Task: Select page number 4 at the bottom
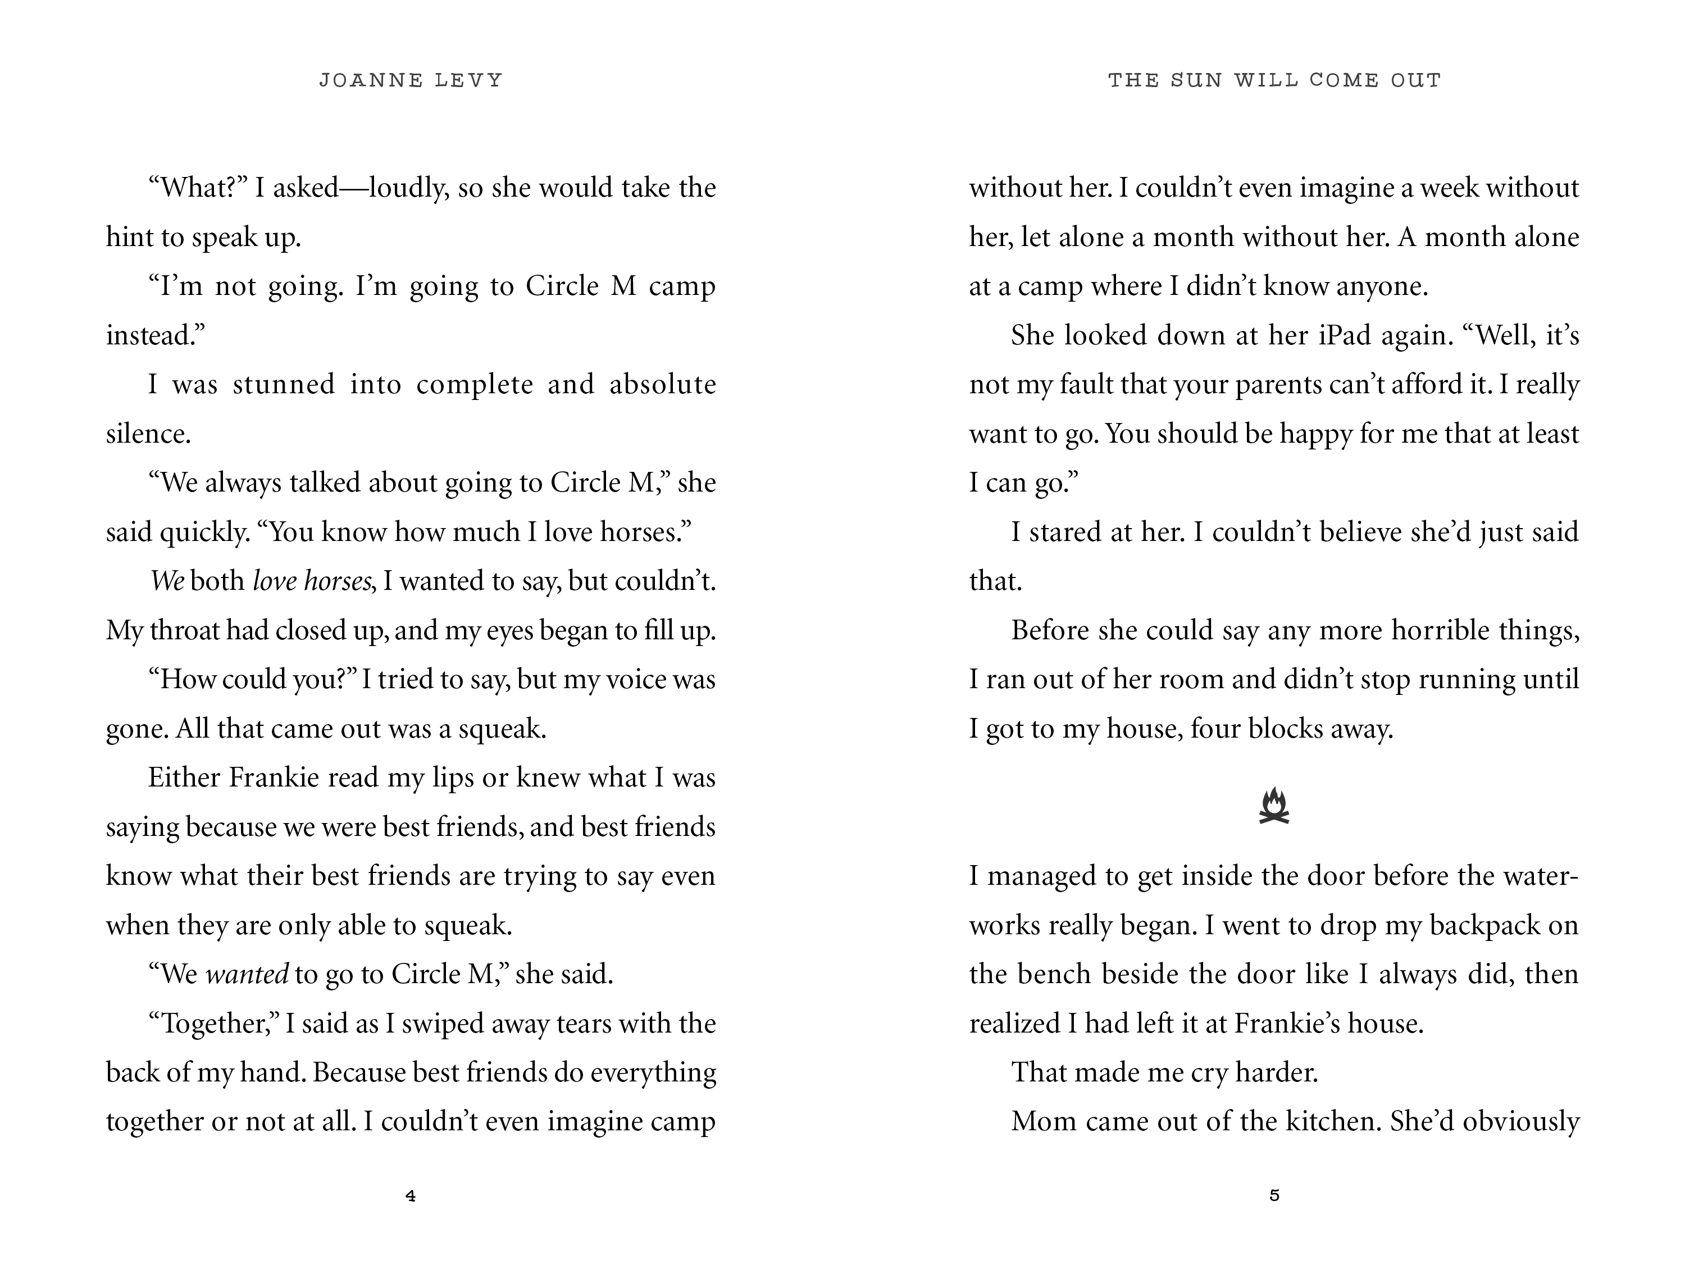click(411, 1196)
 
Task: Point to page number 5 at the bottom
click(1274, 1195)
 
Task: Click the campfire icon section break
click(1274, 807)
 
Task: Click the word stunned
click(284, 384)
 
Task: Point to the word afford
click(1427, 384)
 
